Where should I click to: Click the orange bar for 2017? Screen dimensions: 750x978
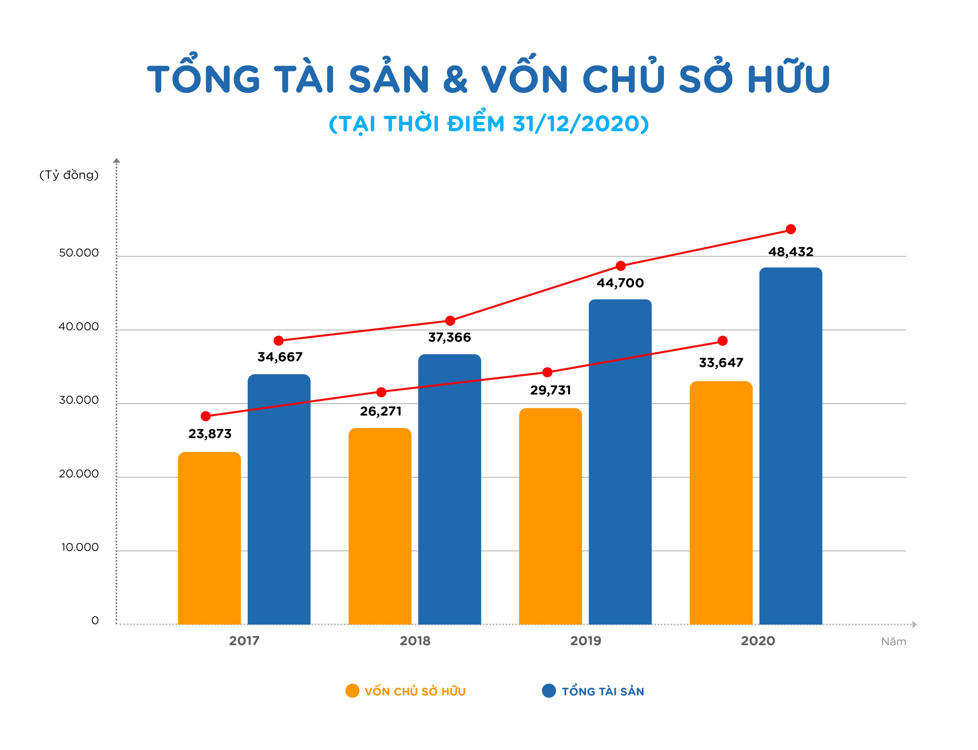pos(209,538)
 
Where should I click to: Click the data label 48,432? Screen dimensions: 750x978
pos(790,252)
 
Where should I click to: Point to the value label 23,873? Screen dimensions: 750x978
pos(210,434)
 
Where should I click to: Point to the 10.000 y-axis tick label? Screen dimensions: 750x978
pos(79,548)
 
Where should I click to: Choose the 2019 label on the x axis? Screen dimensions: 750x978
pos(585,641)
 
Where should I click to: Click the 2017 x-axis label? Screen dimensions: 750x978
pos(244,641)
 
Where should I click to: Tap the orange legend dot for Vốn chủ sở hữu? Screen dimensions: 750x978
pos(352,691)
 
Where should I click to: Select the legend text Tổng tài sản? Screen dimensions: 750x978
pos(602,691)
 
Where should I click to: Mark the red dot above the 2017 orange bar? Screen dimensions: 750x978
pos(205,416)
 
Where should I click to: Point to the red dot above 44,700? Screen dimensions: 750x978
pos(620,266)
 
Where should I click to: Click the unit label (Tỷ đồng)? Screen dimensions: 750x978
pos(69,175)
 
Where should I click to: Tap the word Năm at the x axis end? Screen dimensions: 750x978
pos(893,641)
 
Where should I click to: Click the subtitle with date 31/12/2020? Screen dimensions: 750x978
pos(488,124)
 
